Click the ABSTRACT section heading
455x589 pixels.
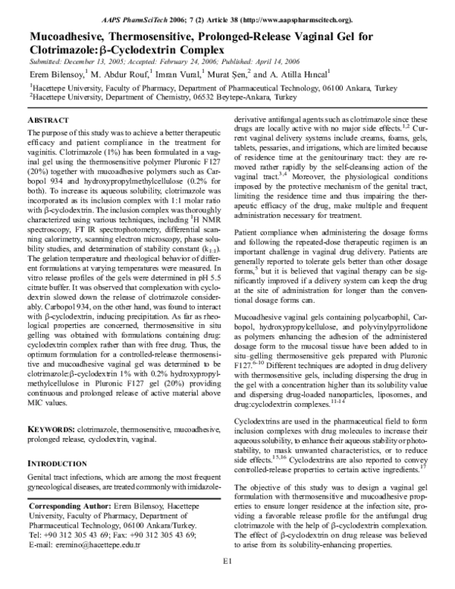pyautogui.click(x=52, y=121)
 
